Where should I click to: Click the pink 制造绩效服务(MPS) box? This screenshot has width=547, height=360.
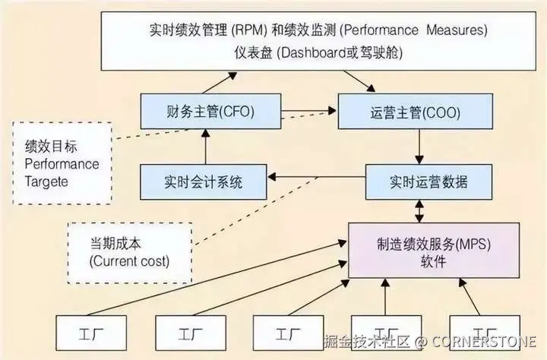433,251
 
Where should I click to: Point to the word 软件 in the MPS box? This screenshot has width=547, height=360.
434,262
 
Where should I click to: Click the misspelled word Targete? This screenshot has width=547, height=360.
47,182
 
